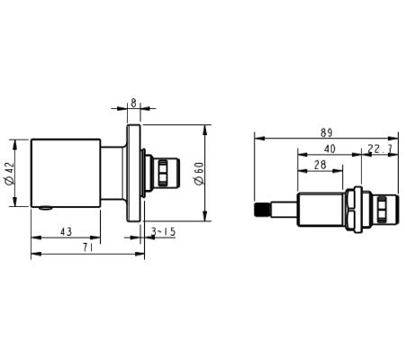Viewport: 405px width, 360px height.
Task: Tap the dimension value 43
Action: click(65, 232)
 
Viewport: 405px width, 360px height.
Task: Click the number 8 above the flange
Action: click(133, 103)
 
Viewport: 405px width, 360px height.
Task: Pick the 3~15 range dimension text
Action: click(163, 232)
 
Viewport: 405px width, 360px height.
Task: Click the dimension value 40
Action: click(329, 148)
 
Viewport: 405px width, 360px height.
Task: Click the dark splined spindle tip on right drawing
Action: click(261, 211)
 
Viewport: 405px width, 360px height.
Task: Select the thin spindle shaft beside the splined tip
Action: click(283, 211)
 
